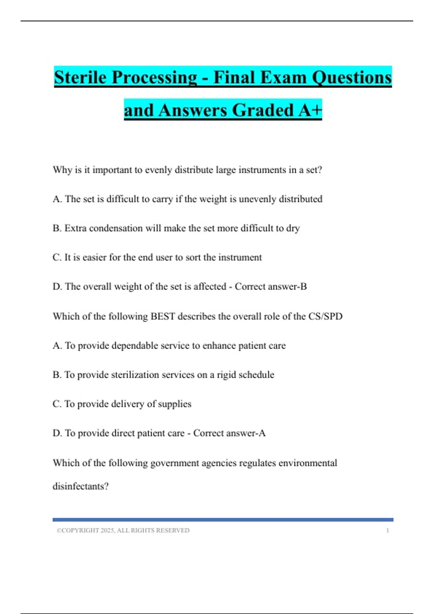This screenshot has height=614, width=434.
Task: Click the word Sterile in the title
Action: pos(80,77)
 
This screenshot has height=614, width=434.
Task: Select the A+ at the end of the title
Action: pos(310,110)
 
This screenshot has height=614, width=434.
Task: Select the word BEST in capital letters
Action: pos(162,316)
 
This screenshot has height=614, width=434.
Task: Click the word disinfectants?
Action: pos(80,486)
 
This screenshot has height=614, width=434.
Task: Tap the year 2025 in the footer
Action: pos(107,530)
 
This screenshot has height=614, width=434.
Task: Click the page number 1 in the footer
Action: pos(388,530)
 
